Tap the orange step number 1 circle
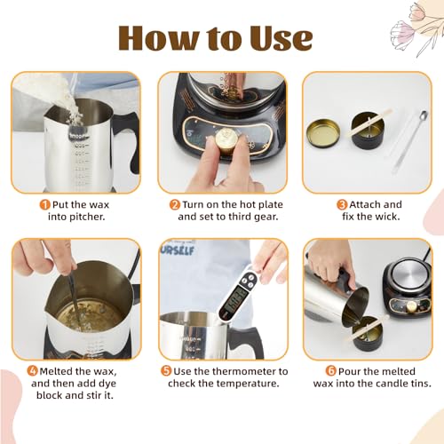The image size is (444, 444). pos(45,204)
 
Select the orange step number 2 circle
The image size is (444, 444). pos(175,204)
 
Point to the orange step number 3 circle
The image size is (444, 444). pos(342,204)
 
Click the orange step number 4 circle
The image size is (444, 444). pos(33,371)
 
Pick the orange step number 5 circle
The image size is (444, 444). pos(166,371)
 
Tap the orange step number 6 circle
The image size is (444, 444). pos(331,371)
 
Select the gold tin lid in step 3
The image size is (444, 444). pos(323,132)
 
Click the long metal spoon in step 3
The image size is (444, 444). pos(410,142)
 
